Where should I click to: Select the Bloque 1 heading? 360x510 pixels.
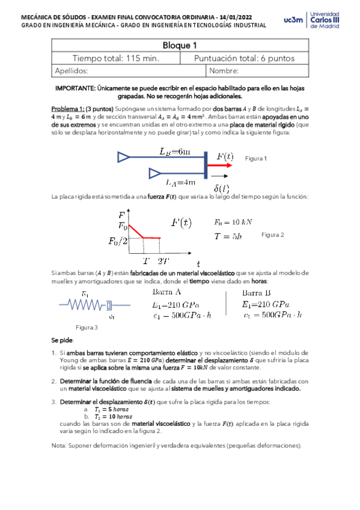(180, 45)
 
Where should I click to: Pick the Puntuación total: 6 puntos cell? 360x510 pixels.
(244, 58)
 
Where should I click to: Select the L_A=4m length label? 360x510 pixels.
(180, 181)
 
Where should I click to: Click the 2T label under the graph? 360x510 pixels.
(163, 261)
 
